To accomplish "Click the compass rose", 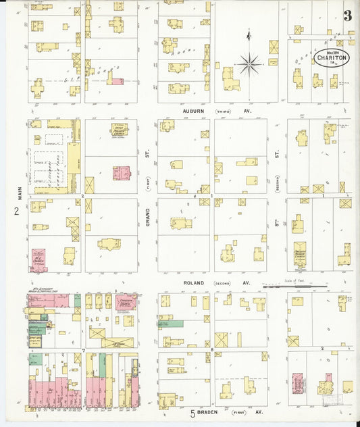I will coord(250,64).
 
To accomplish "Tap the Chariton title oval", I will coord(331,56).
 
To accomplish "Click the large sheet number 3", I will coord(347,16).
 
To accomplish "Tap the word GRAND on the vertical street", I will coord(147,218).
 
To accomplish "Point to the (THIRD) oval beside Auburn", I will coord(223,110).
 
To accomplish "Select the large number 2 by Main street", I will coord(16,211).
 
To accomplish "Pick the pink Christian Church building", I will coord(125,301).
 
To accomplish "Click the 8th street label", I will coord(276,218).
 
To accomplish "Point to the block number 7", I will coord(82,349).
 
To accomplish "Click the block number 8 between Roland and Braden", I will coord(212,349).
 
